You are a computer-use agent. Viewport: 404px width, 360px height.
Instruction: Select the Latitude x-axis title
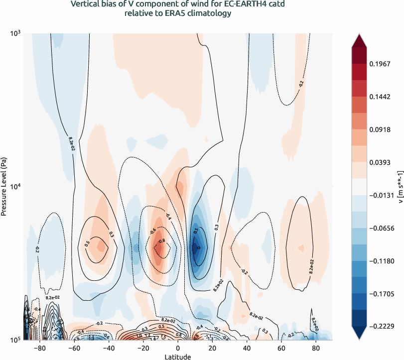coord(178,357)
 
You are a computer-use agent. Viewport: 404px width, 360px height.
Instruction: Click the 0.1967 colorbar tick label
coord(382,64)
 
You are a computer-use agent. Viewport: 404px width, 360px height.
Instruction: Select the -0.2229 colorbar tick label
coord(382,326)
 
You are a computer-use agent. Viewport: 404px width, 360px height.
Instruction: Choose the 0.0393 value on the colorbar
coord(382,162)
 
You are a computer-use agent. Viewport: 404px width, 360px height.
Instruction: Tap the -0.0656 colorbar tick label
coord(382,228)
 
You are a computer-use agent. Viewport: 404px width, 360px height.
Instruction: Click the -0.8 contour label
coord(161,241)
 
